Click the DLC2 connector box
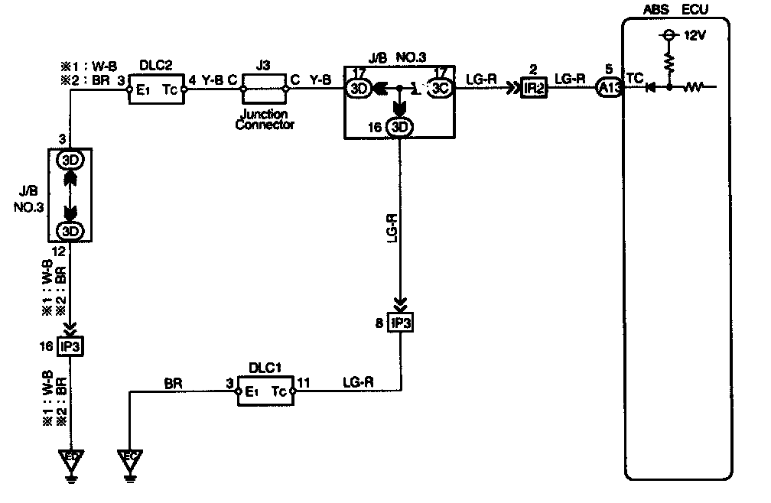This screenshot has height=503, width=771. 158,89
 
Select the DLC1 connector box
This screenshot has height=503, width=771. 264,393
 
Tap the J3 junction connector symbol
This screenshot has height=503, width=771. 264,89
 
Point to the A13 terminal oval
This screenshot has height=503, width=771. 609,89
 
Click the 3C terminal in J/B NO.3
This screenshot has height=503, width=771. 439,89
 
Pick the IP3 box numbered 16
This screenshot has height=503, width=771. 70,346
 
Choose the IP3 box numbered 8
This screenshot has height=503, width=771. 400,322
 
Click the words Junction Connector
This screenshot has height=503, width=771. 264,120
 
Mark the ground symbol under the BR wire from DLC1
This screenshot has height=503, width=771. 131,462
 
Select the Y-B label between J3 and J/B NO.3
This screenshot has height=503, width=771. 320,79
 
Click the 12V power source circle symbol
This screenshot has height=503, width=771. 669,36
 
